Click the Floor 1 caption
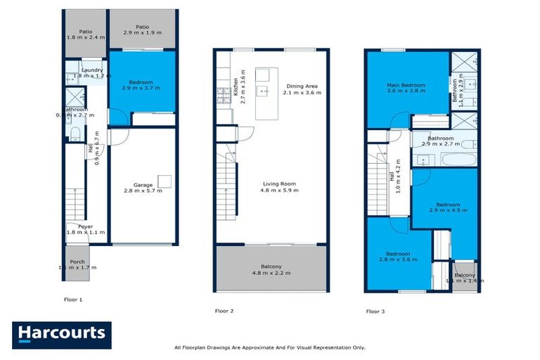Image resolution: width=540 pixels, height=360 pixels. coord(73,300)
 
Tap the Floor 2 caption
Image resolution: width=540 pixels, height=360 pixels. coord(224,310)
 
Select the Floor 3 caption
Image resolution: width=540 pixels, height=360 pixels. coord(375,310)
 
